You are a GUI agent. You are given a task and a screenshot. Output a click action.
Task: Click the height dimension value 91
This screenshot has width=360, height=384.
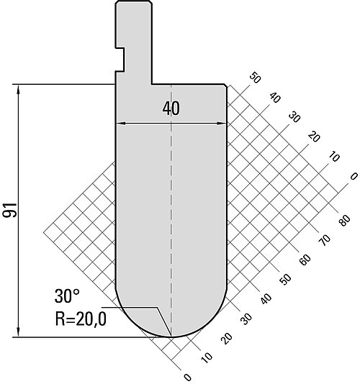(10, 210)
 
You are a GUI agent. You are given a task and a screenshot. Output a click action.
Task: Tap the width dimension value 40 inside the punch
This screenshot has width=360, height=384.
(171, 109)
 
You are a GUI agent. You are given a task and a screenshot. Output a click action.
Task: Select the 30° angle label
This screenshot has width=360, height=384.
(67, 296)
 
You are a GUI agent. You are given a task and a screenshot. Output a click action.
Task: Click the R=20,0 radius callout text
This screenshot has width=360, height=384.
(81, 319)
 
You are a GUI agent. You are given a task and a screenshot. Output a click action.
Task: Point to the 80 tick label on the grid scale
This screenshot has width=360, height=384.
(344, 220)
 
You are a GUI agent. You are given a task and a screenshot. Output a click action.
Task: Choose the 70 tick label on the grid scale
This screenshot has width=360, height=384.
(325, 239)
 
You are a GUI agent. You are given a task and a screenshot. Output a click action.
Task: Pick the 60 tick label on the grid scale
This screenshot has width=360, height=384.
(305, 260)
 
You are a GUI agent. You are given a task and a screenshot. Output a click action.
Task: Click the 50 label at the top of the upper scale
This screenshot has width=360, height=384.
(255, 78)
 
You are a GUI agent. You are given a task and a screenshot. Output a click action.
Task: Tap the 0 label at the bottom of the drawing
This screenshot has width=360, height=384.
(187, 377)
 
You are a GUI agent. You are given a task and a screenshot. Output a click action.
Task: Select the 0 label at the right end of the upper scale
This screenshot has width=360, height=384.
(354, 176)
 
